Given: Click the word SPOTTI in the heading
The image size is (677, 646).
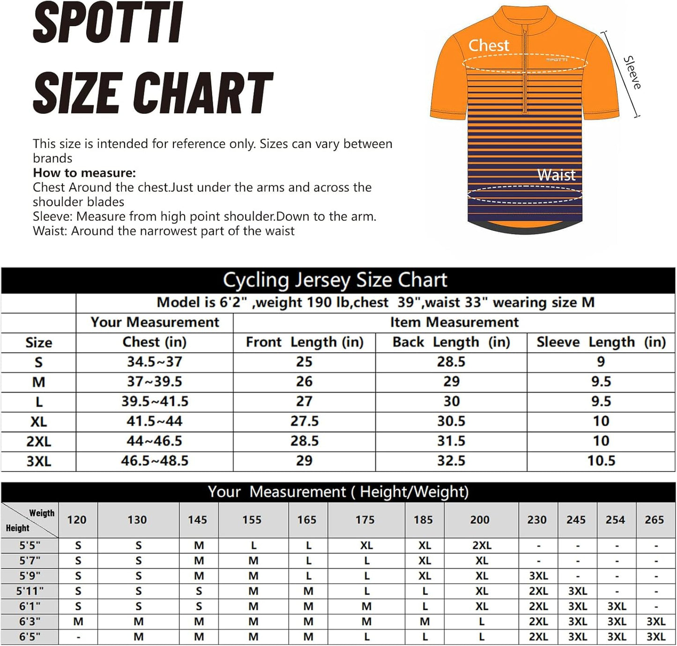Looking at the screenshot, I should pos(108,23).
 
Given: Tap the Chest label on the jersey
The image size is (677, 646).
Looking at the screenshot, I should pos(488,45).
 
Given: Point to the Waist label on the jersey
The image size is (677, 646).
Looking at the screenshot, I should pos(556,175).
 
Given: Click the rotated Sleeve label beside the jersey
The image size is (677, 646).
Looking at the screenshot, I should pos(632,73).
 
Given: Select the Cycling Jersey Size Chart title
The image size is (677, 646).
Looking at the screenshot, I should pos(335,280).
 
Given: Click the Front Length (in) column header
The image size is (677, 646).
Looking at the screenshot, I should pos(305,342).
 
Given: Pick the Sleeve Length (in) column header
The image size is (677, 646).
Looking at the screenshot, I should pos(601,342).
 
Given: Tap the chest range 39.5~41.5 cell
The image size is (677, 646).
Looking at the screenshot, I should pos(155,401).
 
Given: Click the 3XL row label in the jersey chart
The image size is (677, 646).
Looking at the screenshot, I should pos(38,461).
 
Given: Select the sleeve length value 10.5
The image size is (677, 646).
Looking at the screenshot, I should pos(601,461).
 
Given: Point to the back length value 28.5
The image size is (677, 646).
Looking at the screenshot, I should pos(451,362).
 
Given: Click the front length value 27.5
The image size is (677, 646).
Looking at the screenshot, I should pos(305,421).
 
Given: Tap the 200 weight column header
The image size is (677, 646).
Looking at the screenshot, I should pos(480,520).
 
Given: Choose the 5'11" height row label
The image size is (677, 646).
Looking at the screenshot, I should pos(30,591).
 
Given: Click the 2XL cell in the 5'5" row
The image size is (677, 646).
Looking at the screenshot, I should pos(482,546).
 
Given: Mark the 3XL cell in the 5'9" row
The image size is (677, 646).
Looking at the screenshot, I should pos(538,576).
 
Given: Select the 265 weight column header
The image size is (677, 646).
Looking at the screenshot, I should pos(654,520).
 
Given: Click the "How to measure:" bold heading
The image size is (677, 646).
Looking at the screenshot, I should pos(84,173).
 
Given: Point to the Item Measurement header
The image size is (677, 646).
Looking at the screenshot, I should pos(454,322).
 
